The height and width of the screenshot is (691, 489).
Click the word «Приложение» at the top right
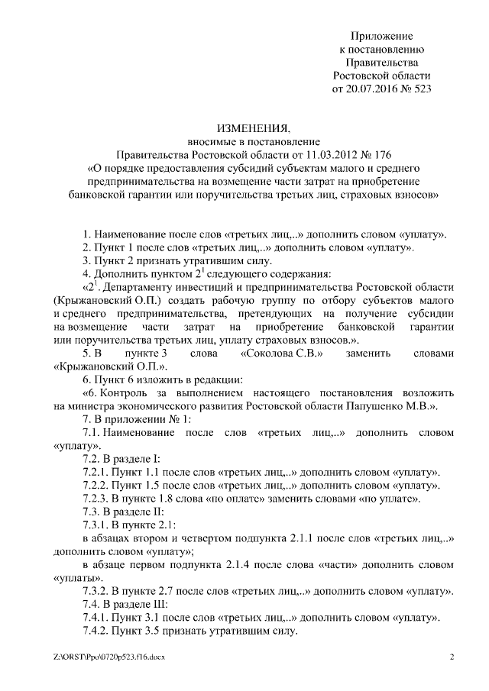[382, 36]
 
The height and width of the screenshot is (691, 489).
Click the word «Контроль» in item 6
[128, 393]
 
